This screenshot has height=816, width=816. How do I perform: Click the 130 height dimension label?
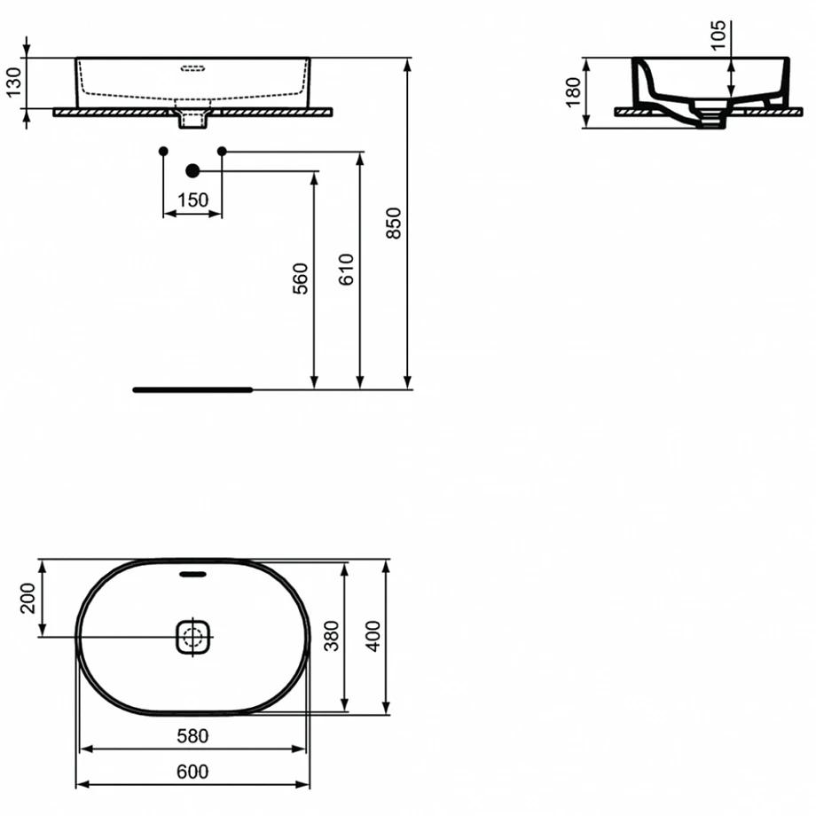(13, 82)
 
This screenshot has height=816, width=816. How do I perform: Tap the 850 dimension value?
(394, 224)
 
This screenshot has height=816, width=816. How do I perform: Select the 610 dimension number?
(346, 269)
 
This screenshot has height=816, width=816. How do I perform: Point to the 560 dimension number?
(301, 279)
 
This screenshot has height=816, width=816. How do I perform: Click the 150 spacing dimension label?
(192, 200)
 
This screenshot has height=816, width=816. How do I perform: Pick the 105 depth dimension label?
(718, 35)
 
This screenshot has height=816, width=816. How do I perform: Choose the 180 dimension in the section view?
(572, 92)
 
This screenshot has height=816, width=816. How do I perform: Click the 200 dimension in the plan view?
(27, 598)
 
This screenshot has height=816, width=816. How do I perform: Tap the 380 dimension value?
(332, 635)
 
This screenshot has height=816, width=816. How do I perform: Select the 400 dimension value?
(373, 635)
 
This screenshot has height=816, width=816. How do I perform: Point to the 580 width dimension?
(192, 736)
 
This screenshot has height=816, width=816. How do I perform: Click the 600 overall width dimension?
(192, 772)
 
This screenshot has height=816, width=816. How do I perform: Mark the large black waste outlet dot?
(192, 170)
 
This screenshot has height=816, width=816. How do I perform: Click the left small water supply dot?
(163, 152)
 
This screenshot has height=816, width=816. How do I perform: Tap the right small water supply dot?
(223, 152)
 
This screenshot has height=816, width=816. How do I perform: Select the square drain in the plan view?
(193, 637)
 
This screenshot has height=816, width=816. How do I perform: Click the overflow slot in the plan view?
(192, 574)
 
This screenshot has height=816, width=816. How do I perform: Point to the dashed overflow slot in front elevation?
(193, 68)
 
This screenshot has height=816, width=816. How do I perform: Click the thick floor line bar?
(193, 389)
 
